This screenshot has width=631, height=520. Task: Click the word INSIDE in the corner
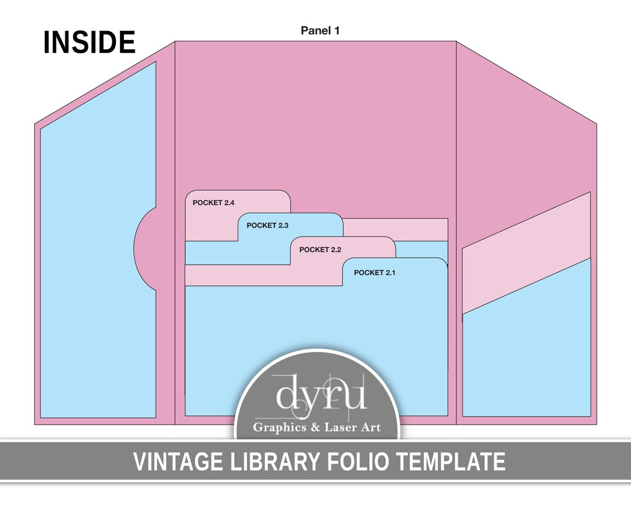89,42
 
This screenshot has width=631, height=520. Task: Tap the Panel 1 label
320,30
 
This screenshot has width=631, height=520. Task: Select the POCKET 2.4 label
213,202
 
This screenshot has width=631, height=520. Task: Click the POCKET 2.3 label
267,226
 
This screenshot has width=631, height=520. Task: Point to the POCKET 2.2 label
320,249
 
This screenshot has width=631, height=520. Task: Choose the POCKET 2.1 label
375,273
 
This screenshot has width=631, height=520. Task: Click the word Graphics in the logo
280,428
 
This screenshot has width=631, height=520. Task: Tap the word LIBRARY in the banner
275,462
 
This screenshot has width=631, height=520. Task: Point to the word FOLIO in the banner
358,462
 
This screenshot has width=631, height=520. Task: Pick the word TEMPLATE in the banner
451,462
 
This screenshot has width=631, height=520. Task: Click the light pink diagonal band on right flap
526,253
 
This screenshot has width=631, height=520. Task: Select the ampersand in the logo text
316,427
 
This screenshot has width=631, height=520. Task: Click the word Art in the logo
371,427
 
